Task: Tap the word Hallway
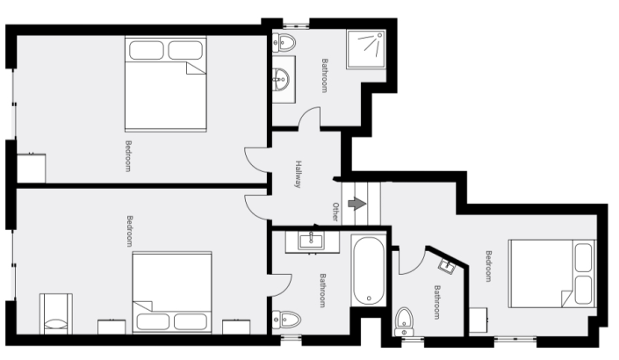click(x=299, y=174)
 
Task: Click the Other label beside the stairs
click(x=335, y=212)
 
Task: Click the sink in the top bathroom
click(x=281, y=77)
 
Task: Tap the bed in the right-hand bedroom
click(x=552, y=273)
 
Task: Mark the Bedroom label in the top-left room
click(x=128, y=155)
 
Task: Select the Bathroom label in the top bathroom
click(x=324, y=76)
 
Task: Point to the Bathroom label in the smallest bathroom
click(x=436, y=302)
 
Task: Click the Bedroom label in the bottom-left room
click(x=129, y=230)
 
